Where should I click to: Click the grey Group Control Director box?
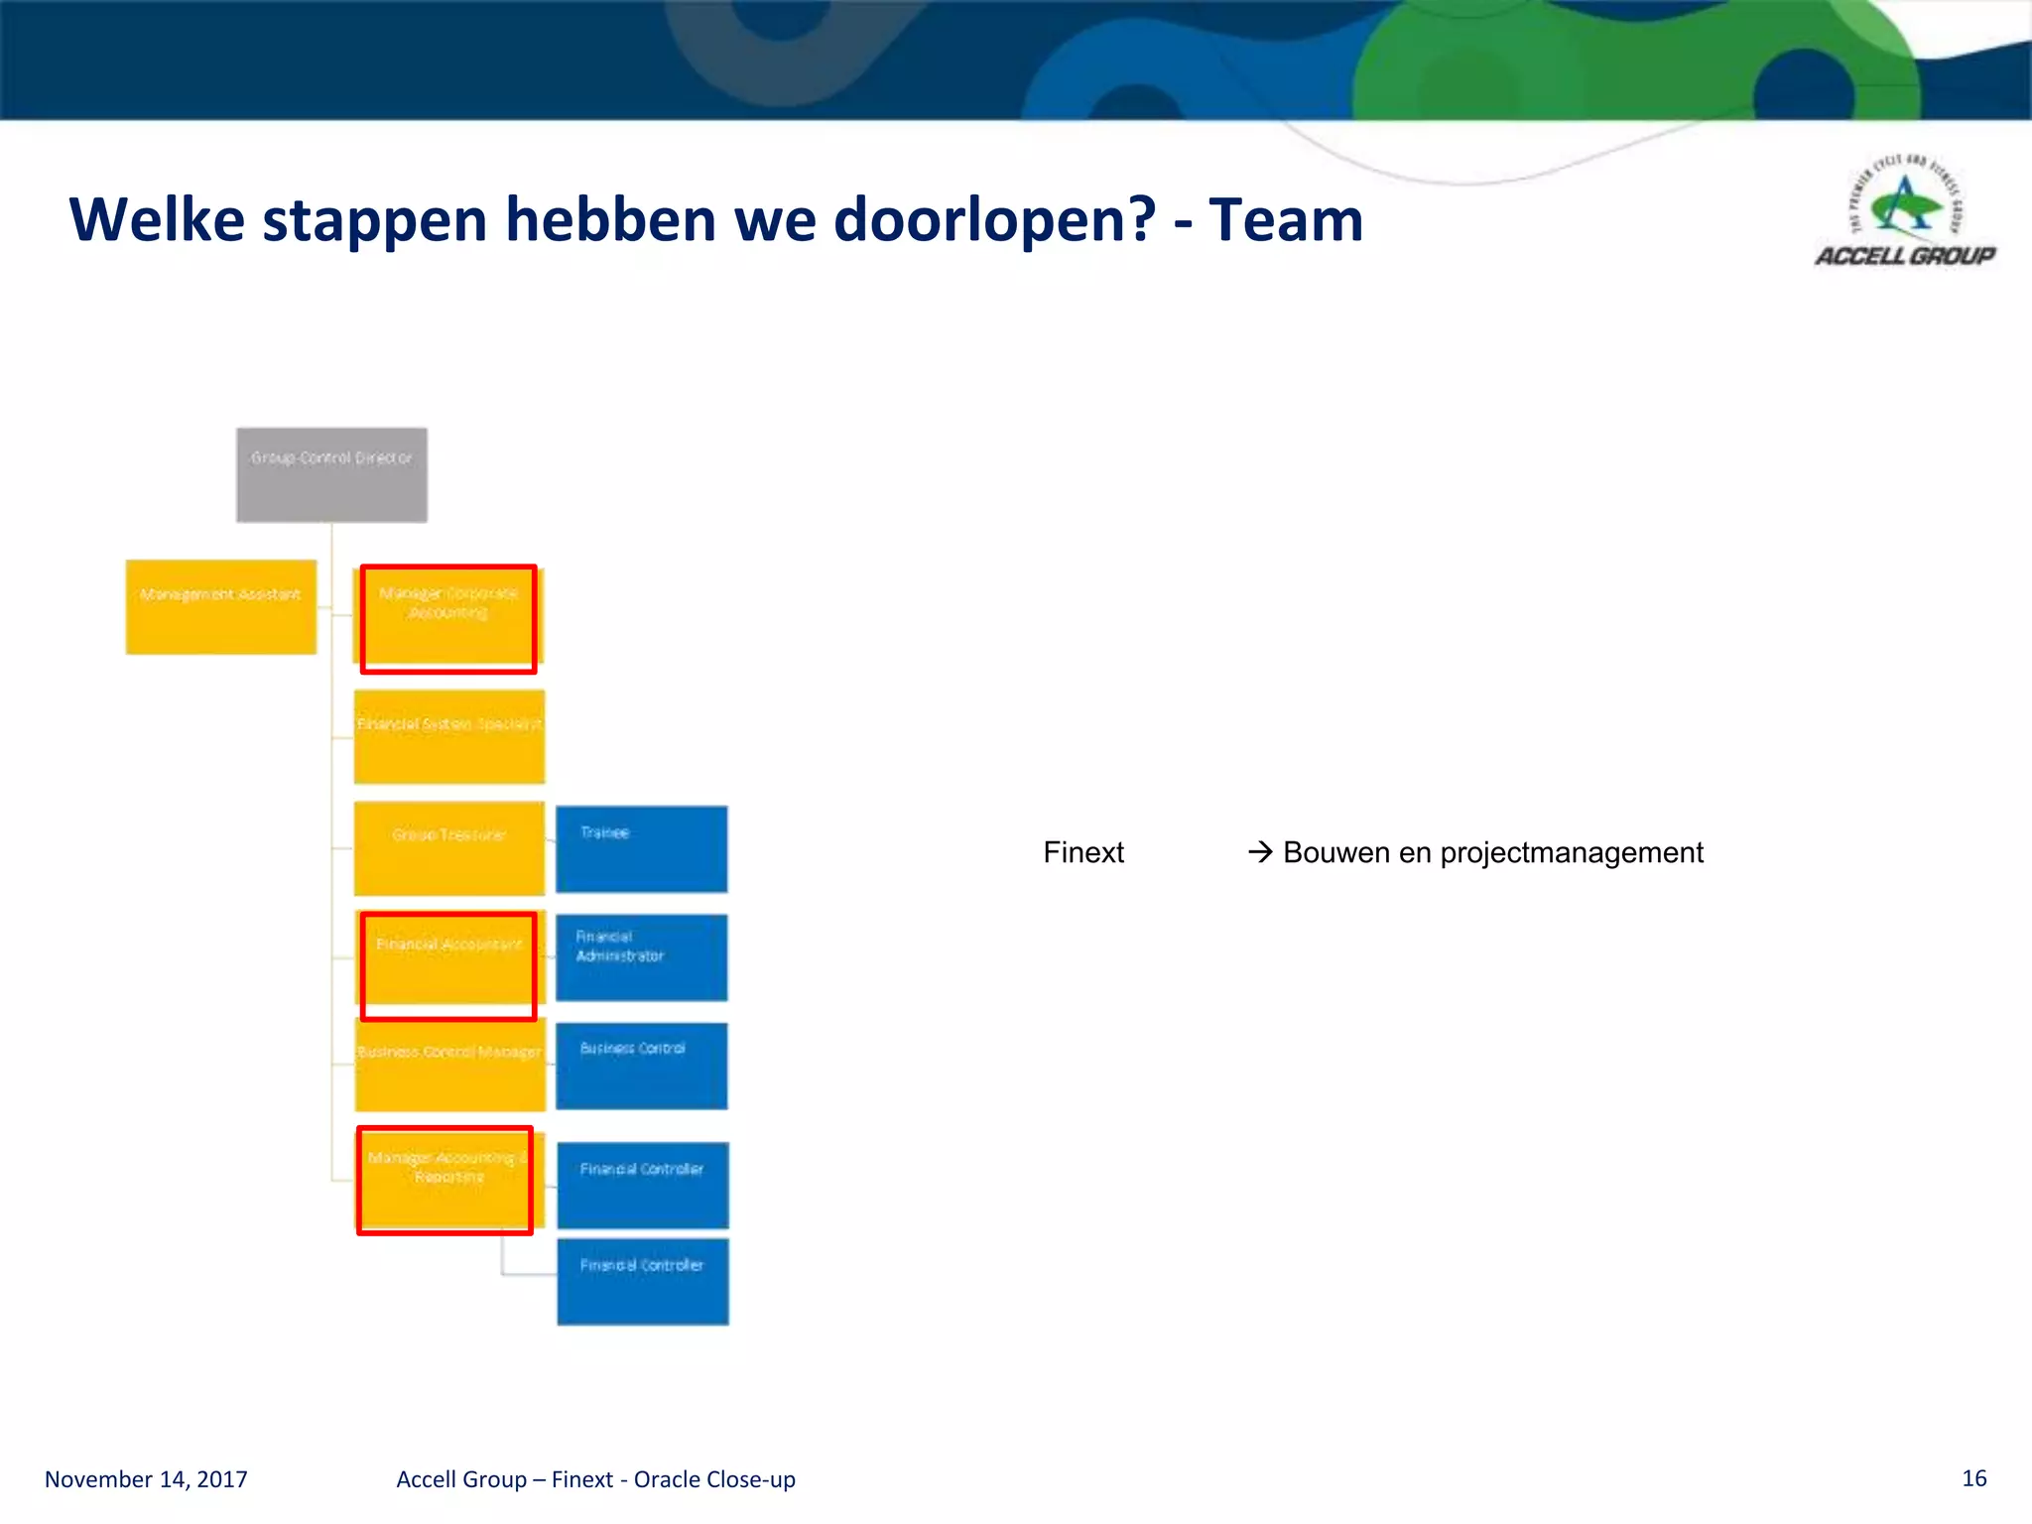[331, 474]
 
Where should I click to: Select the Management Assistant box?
[220, 606]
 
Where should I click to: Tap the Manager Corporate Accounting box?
[448, 617]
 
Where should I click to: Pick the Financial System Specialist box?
[449, 736]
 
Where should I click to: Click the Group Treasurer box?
[449, 847]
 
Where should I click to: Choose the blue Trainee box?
[641, 848]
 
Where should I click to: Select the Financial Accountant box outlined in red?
[448, 964]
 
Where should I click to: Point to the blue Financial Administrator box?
[641, 957]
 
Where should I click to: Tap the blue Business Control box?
[641, 1066]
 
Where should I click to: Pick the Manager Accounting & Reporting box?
[445, 1179]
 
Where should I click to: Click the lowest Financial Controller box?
[642, 1280]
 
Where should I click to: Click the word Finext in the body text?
[1083, 852]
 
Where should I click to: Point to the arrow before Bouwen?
[1259, 852]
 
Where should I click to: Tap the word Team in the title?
[1286, 219]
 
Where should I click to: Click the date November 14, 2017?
[146, 1479]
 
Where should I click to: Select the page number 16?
[1973, 1478]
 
